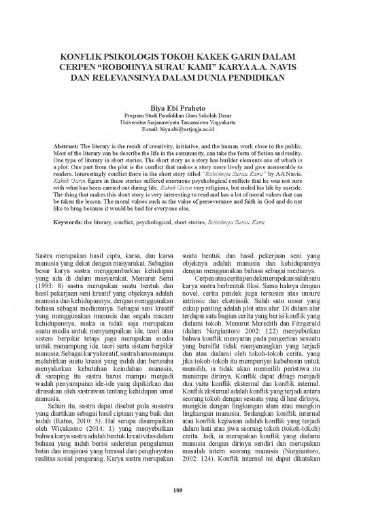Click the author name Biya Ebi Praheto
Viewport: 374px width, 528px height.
point(186,107)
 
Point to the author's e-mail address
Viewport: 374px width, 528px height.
point(186,128)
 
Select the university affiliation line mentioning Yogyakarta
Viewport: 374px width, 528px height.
point(186,122)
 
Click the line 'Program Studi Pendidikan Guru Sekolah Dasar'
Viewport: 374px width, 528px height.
point(186,115)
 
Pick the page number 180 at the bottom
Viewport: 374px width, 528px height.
point(186,491)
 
